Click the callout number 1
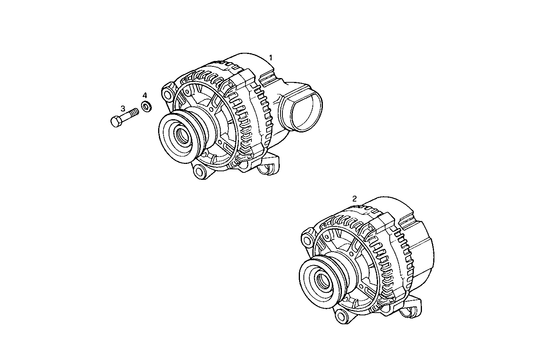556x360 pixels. (x=271, y=57)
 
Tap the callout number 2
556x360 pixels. (x=354, y=198)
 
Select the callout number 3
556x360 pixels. (x=122, y=109)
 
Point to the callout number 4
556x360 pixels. (x=145, y=96)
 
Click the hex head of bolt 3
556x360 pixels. (x=115, y=121)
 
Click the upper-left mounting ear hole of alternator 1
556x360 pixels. (x=168, y=93)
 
